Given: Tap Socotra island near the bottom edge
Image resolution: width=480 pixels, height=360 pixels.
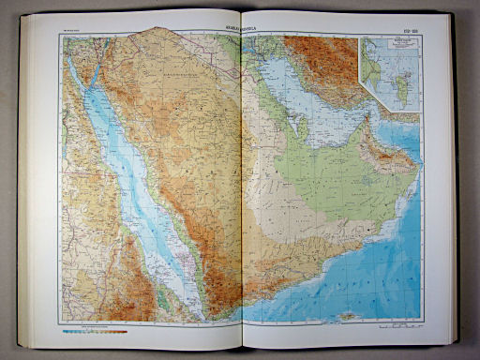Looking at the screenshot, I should (x=349, y=315).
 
